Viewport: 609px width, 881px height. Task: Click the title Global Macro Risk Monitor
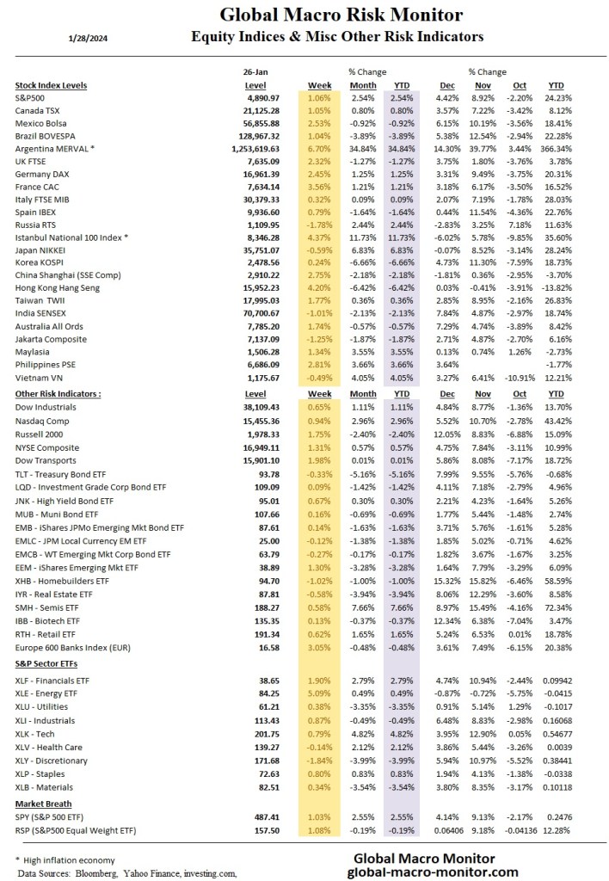coord(341,15)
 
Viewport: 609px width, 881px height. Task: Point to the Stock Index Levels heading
coord(52,86)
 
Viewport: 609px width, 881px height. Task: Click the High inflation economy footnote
coord(71,859)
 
